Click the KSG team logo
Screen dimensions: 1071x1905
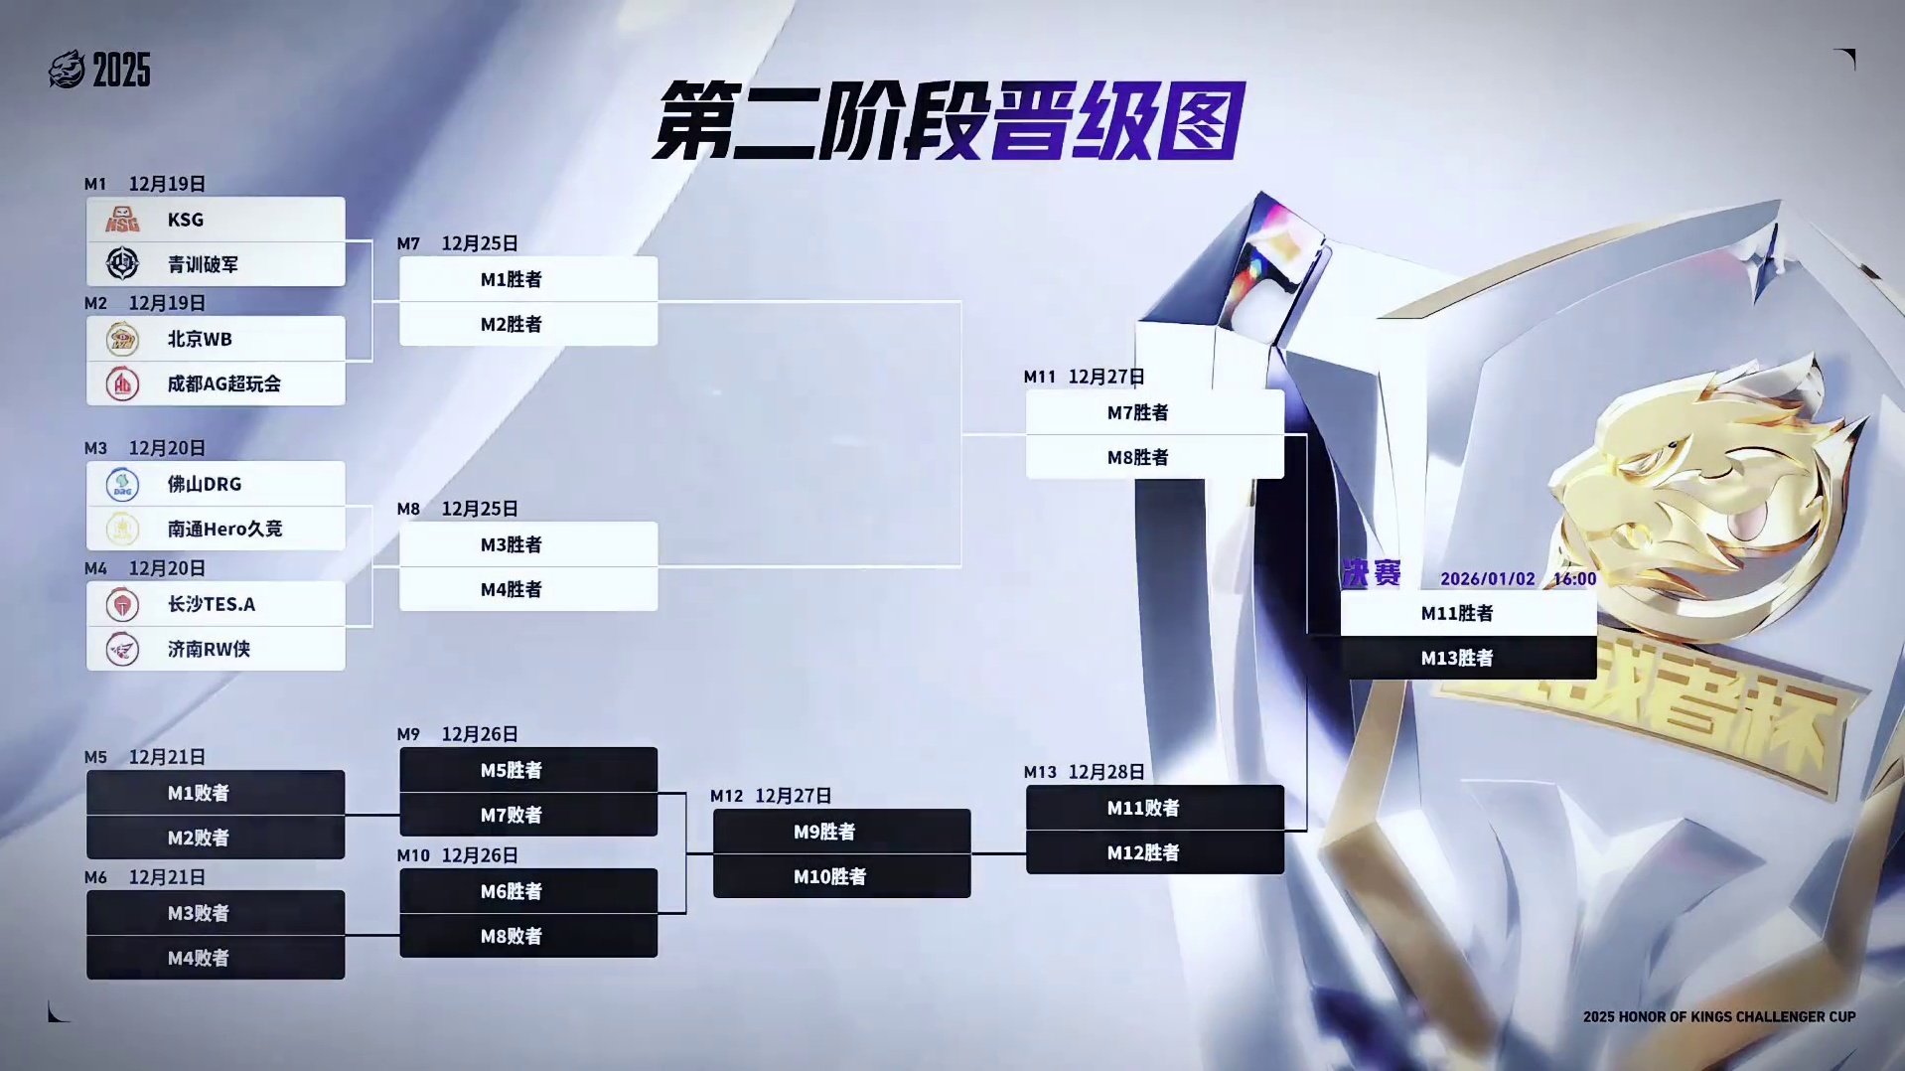(122, 220)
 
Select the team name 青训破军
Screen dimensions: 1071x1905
(203, 264)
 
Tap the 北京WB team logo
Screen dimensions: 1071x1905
(122, 340)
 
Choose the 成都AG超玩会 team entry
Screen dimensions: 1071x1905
(223, 383)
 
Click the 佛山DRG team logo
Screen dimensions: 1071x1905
(122, 485)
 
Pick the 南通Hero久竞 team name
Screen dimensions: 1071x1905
(224, 529)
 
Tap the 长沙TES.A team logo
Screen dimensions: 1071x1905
(122, 604)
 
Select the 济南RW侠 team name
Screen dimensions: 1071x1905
(209, 649)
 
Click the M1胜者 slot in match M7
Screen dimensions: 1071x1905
(527, 279)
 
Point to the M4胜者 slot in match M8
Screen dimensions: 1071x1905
(527, 589)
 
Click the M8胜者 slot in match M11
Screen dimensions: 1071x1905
(1154, 457)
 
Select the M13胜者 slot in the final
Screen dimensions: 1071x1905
(1468, 658)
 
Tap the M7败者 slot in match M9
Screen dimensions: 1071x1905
(527, 815)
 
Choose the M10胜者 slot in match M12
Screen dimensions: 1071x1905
(841, 876)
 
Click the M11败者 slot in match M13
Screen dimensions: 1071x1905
(1154, 808)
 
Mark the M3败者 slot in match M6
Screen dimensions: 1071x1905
(215, 913)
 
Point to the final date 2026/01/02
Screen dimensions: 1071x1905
(1487, 579)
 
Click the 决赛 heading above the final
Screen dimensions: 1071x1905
(1371, 574)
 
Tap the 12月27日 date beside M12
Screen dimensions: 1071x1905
(793, 796)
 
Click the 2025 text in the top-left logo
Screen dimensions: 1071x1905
(121, 71)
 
